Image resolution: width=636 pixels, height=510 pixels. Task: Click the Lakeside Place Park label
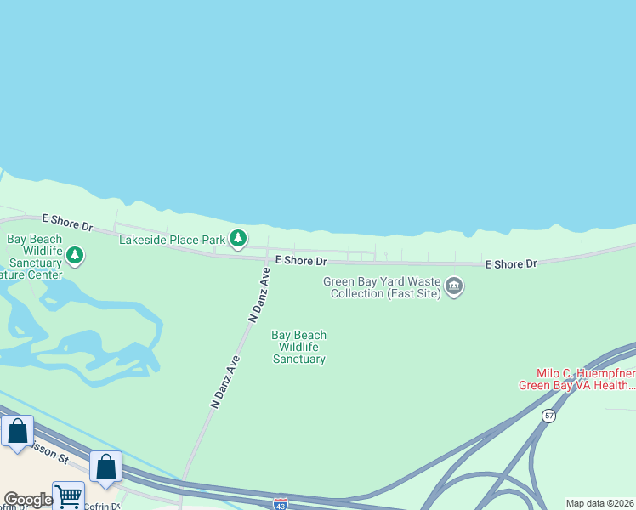[x=172, y=241]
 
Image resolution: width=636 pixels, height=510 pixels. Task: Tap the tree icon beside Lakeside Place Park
[x=240, y=240]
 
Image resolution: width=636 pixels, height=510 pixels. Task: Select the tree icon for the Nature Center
[x=75, y=255]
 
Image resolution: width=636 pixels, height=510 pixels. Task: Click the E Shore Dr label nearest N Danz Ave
[x=300, y=260]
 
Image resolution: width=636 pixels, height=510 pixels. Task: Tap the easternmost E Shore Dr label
[x=511, y=264]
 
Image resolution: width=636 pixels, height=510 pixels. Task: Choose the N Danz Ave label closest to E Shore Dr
[x=259, y=294]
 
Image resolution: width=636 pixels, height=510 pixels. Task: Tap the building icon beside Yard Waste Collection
[x=454, y=287]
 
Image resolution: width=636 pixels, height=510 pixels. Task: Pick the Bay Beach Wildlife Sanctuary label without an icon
[x=298, y=347]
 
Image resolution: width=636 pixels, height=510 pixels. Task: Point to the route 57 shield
[x=549, y=416]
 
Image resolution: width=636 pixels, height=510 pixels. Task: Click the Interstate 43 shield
[x=281, y=503]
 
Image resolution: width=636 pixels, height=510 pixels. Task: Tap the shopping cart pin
[x=68, y=495]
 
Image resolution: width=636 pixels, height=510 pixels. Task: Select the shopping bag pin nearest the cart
[x=105, y=467]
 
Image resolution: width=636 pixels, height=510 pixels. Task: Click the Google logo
[x=27, y=500]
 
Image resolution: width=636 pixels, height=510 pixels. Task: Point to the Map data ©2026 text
[x=600, y=503]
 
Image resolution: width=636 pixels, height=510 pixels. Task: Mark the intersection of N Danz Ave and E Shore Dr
[x=270, y=258]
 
